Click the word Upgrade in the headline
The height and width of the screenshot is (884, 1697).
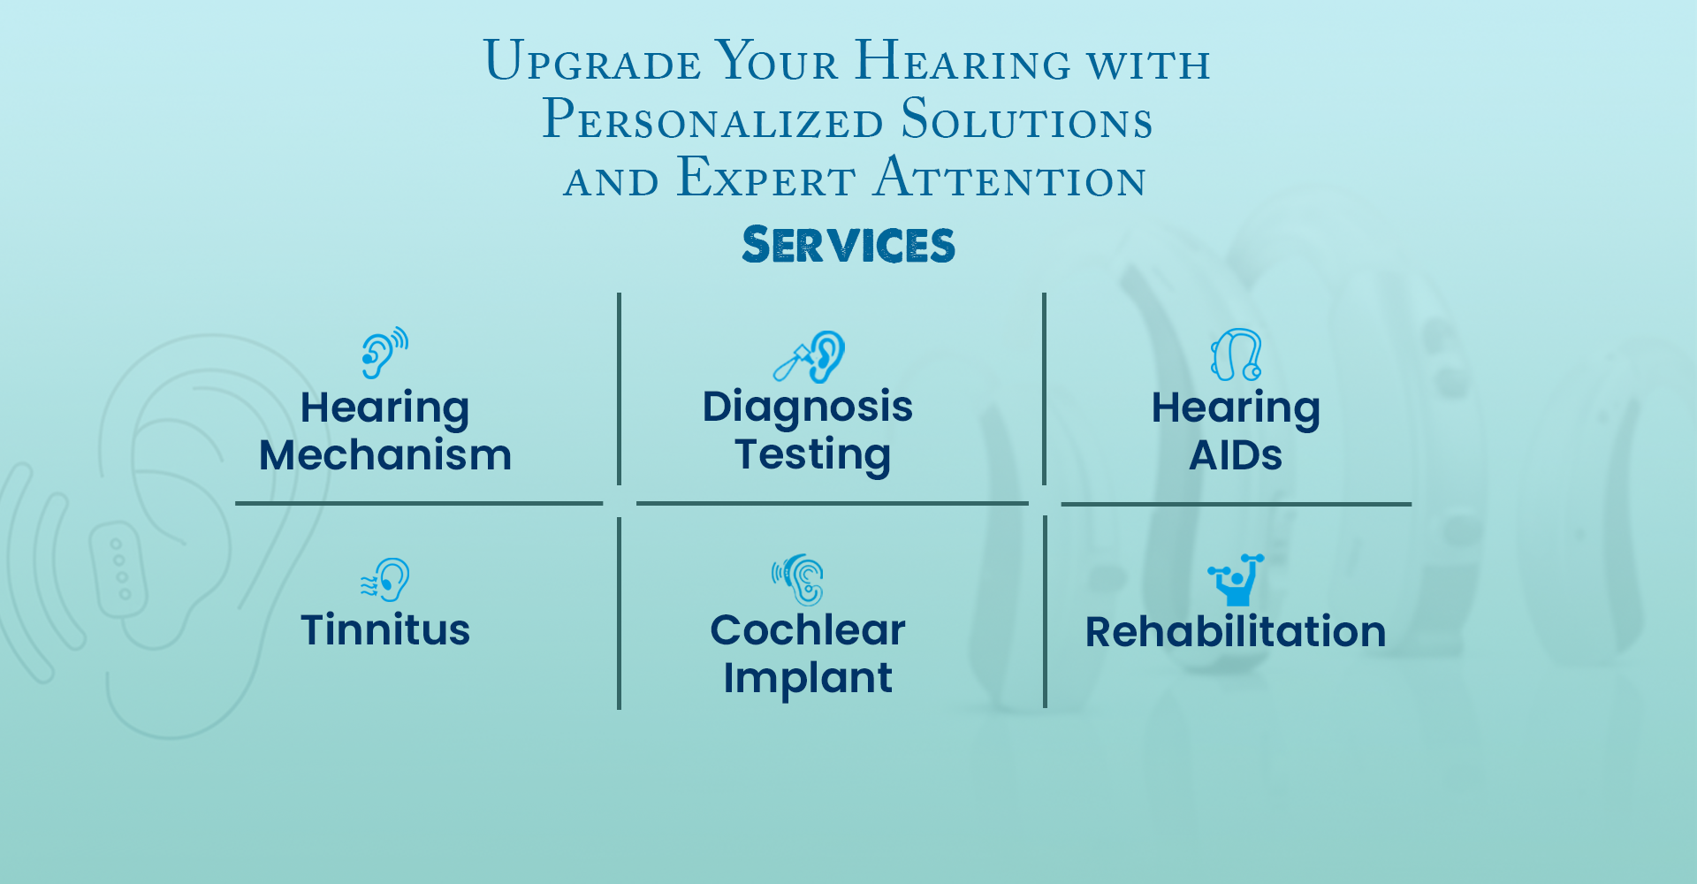pyautogui.click(x=592, y=61)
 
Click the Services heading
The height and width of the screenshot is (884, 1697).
pyautogui.click(x=848, y=245)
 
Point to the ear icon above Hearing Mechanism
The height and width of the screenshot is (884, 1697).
pyautogui.click(x=384, y=353)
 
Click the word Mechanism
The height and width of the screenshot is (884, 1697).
pyautogui.click(x=385, y=455)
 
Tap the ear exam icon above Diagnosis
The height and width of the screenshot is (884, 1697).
pyautogui.click(x=809, y=356)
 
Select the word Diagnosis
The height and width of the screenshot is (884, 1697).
pyautogui.click(x=808, y=408)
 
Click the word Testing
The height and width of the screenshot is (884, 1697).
pyautogui.click(x=813, y=455)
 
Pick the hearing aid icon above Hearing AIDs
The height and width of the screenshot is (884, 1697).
pyautogui.click(x=1236, y=354)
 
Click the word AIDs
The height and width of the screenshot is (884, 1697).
pyautogui.click(x=1236, y=456)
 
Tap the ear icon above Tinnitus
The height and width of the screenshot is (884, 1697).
pyautogui.click(x=384, y=580)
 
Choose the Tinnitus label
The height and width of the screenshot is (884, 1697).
pyautogui.click(x=385, y=630)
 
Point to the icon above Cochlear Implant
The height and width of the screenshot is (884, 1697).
pyautogui.click(x=798, y=580)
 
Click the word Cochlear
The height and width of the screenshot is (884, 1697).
pyautogui.click(x=808, y=630)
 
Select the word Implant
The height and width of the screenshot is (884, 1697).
pyautogui.click(x=808, y=679)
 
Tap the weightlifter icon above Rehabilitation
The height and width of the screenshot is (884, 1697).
pyautogui.click(x=1236, y=580)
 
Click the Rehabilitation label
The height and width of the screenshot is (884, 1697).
pyautogui.click(x=1236, y=632)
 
